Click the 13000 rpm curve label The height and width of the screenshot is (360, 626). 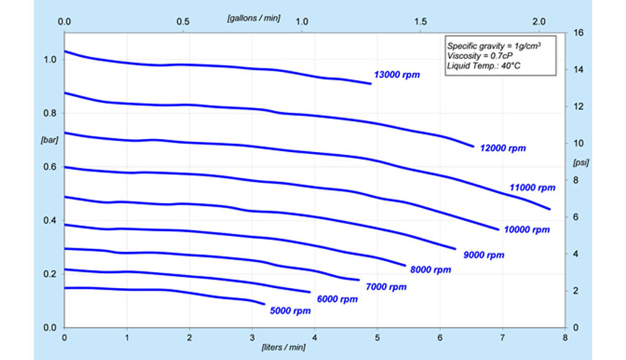(397, 75)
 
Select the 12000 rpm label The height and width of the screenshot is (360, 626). (503, 148)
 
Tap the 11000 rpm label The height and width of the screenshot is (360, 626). (532, 188)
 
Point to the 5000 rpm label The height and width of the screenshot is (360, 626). (290, 311)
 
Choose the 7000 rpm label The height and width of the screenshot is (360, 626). (386, 287)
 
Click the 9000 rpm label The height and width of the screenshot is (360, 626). (484, 255)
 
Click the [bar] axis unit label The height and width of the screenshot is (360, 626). (50, 140)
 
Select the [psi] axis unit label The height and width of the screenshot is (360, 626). (581, 163)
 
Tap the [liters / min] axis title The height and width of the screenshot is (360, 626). (283, 347)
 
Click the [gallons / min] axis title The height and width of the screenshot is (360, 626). (254, 19)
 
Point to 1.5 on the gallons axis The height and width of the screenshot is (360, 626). (420, 22)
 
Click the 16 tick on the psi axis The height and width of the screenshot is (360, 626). (579, 33)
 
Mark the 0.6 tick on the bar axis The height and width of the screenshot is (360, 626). (50, 167)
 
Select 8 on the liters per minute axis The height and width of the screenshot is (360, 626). (565, 338)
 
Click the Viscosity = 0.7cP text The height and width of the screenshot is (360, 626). (479, 56)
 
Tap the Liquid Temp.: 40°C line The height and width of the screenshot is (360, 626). (484, 66)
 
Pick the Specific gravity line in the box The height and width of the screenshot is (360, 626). (494, 46)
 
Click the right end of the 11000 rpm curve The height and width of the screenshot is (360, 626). (550, 209)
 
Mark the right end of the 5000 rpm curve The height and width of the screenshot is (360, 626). (264, 304)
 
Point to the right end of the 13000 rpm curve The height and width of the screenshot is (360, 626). (371, 84)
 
